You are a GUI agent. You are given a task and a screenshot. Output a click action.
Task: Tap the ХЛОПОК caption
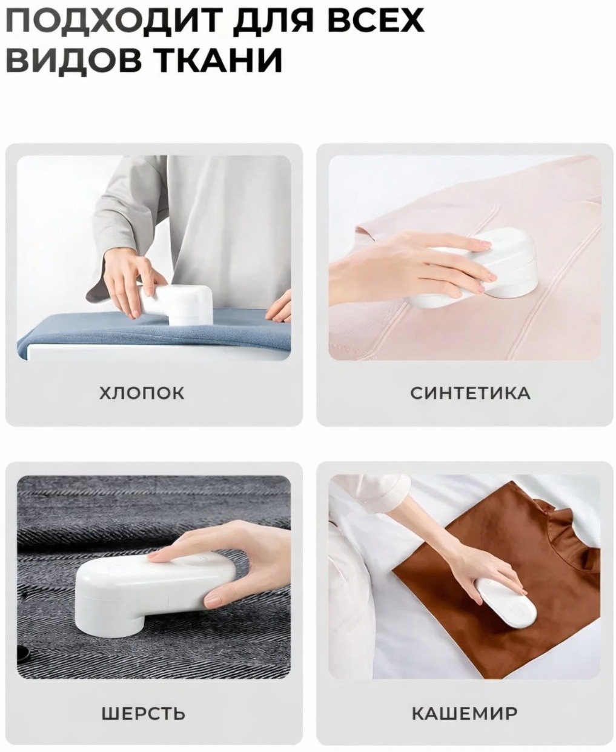pos(142,393)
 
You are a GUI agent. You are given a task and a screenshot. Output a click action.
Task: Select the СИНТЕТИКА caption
pos(470,393)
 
